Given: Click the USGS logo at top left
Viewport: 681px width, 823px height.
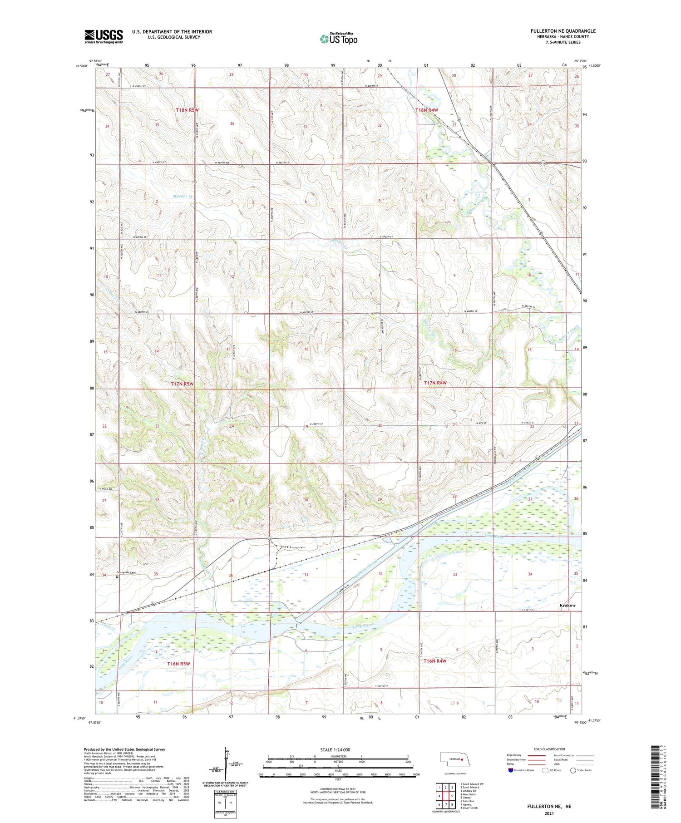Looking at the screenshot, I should (104, 36).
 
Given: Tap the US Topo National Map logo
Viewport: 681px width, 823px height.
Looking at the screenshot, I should (338, 39).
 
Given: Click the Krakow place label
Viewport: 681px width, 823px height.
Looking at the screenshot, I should (567, 605).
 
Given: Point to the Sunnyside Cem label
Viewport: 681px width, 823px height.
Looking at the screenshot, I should (127, 572).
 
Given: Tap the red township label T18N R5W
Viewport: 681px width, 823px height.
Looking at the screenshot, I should (187, 110).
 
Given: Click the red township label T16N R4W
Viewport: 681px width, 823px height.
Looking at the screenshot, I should (435, 661).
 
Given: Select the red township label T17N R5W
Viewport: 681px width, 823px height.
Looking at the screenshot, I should (182, 384).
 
